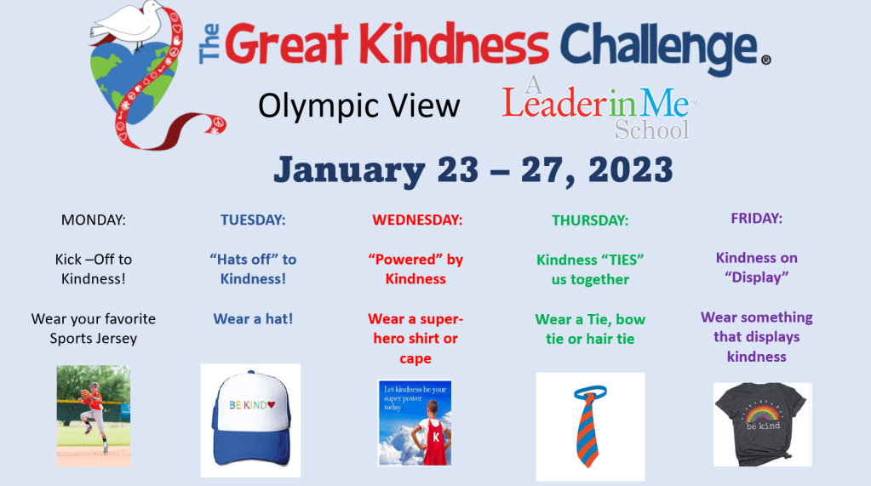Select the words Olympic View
pos(358,106)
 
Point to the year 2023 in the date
pos(631,169)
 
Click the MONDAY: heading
pos(94,220)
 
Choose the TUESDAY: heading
pos(253,220)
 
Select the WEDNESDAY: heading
pos(417,220)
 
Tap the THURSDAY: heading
pos(590,220)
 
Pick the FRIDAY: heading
pos(757,218)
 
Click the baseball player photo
pos(94,415)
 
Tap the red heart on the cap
pos(271,404)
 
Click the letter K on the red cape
pos(436,437)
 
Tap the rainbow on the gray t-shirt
pos(763,415)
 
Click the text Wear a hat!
pos(253,319)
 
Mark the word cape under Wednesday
pos(415,359)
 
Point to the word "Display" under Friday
pos(757,277)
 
